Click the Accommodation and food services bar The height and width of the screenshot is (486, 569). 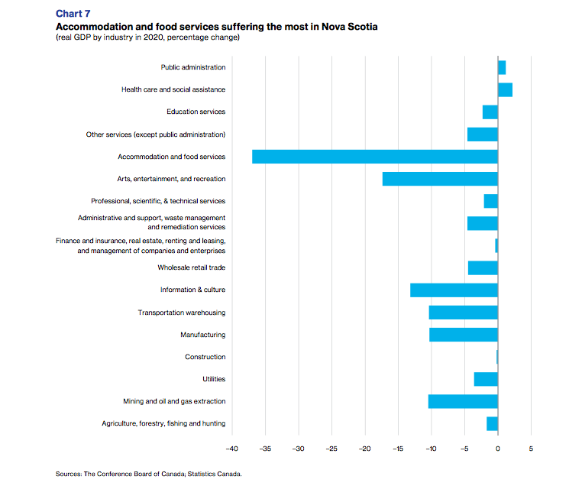click(x=374, y=157)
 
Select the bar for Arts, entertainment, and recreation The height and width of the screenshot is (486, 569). click(x=440, y=179)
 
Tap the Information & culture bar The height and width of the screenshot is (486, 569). click(x=454, y=290)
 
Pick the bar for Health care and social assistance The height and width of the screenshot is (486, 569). click(x=505, y=90)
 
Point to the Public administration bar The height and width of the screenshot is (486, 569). click(x=502, y=68)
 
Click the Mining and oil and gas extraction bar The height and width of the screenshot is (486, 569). click(x=463, y=401)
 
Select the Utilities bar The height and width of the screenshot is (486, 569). click(x=486, y=379)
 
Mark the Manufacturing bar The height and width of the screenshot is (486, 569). click(x=464, y=335)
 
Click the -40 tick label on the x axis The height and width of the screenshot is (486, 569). click(x=232, y=449)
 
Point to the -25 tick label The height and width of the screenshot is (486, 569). click(x=331, y=449)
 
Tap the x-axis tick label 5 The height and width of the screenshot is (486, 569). click(x=531, y=449)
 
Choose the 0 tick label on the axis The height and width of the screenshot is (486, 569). click(x=498, y=449)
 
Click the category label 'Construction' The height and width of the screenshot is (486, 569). click(x=205, y=357)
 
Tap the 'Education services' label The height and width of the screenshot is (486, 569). click(x=196, y=112)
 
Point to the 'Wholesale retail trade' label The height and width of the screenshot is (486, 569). click(x=191, y=268)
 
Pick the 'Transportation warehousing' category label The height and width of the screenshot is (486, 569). click(x=181, y=313)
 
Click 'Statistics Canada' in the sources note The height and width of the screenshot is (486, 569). click(x=215, y=475)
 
